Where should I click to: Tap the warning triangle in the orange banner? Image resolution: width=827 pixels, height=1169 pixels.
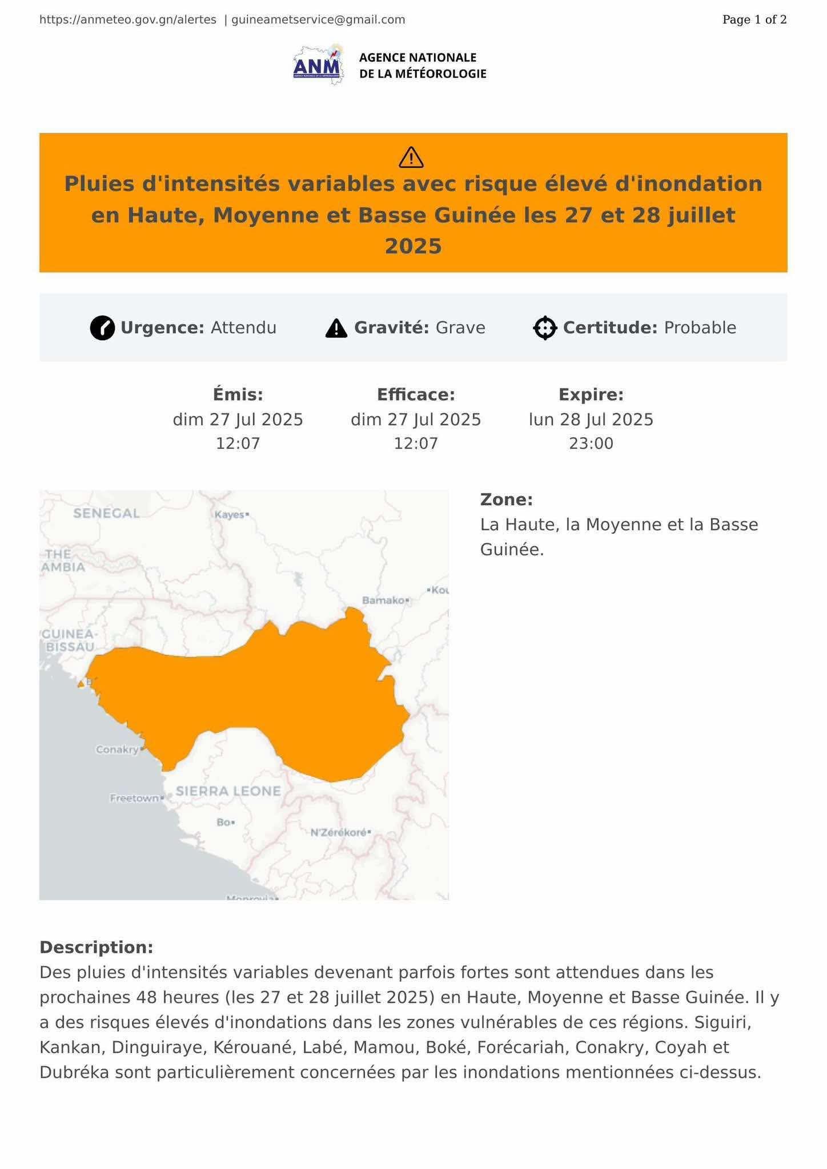pos(411,158)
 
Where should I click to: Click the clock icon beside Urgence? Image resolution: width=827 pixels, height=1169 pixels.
pos(102,328)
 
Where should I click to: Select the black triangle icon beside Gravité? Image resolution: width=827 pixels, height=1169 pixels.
pos(336,328)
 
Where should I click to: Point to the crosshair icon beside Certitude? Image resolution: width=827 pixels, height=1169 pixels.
pos(545,328)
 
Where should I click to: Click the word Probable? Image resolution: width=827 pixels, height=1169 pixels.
pos(700,328)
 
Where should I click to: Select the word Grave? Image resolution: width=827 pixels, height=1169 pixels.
pos(460,328)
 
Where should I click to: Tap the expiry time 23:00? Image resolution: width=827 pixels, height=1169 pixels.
pos(591,444)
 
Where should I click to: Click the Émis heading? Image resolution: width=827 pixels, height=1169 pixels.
pos(238,394)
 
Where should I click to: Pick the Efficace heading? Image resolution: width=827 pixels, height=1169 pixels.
pos(416,394)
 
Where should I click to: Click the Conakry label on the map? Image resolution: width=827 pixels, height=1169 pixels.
pos(117,749)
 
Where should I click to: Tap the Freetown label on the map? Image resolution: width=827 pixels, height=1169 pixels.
pos(134,798)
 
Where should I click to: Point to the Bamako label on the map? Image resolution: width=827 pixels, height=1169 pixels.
pos(383,600)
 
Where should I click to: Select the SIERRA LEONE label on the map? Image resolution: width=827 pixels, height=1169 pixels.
pos(228,791)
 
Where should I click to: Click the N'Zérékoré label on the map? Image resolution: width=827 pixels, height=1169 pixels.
pos(338,832)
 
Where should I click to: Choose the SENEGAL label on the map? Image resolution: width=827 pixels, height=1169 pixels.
pos(106,513)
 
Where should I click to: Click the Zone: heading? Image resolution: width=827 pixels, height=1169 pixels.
pos(506,499)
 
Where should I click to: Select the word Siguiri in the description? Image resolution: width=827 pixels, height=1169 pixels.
pos(722,1022)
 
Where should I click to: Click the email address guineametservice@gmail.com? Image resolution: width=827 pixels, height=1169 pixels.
pos(318,20)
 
